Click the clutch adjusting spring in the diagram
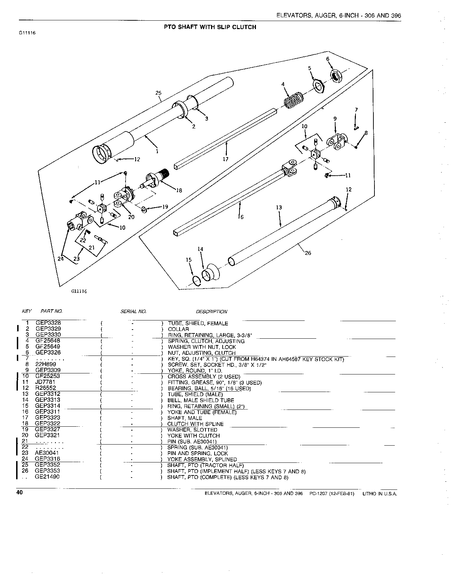tap(293, 100)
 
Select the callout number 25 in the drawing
tap(158, 93)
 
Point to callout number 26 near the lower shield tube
tap(308, 253)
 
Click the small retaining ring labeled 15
tap(197, 281)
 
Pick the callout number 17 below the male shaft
tap(225, 159)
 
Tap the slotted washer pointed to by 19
tap(144, 210)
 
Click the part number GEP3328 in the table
tap(48, 323)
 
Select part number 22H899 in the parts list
tap(46, 364)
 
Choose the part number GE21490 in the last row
tap(47, 476)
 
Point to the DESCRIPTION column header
tap(211, 312)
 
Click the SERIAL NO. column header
tap(133, 311)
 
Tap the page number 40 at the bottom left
tap(20, 492)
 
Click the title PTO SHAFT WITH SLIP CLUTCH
tap(210, 27)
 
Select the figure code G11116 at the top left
tap(27, 33)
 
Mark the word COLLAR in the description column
tap(178, 329)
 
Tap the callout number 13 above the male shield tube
tap(279, 207)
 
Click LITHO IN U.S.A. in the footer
tap(380, 494)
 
